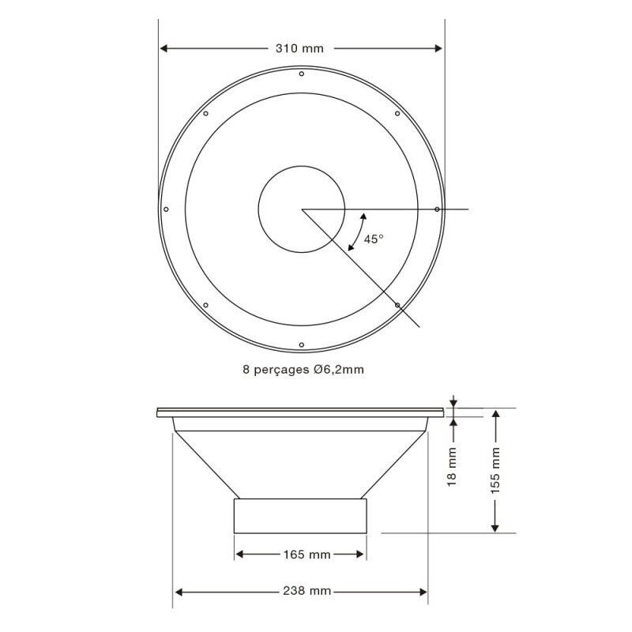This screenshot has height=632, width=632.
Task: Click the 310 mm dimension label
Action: [x=299, y=49]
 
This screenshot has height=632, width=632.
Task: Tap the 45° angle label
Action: [x=374, y=239]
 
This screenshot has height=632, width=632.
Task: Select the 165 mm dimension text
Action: [x=307, y=555]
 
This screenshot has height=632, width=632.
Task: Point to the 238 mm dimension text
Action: [x=307, y=591]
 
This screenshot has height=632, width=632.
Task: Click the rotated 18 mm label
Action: [x=452, y=466]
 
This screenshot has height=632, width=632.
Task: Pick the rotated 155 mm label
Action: [x=495, y=470]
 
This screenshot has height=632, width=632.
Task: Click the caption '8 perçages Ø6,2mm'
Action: [x=303, y=369]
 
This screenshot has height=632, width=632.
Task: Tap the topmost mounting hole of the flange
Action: [x=302, y=73]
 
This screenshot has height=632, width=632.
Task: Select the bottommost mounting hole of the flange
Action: [x=302, y=344]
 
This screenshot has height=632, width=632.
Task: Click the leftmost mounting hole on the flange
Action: [x=166, y=209]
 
